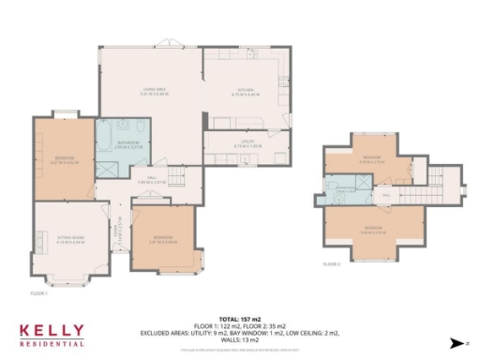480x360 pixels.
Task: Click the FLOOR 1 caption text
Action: pyautogui.click(x=38, y=293)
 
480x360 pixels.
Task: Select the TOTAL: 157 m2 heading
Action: pyautogui.click(x=239, y=319)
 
